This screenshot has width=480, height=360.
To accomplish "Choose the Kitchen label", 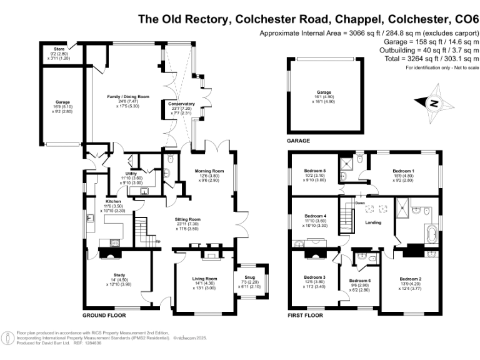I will pos(113,201).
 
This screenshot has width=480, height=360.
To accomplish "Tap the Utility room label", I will pos(131,174).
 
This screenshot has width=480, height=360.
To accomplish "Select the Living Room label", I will pos(204,278).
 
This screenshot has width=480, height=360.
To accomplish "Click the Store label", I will pos(59,48).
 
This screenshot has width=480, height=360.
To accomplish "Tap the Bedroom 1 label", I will pos(403,171).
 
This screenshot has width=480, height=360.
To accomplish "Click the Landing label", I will pos(373,222).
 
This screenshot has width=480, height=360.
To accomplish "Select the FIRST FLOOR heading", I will pos(305,316).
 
